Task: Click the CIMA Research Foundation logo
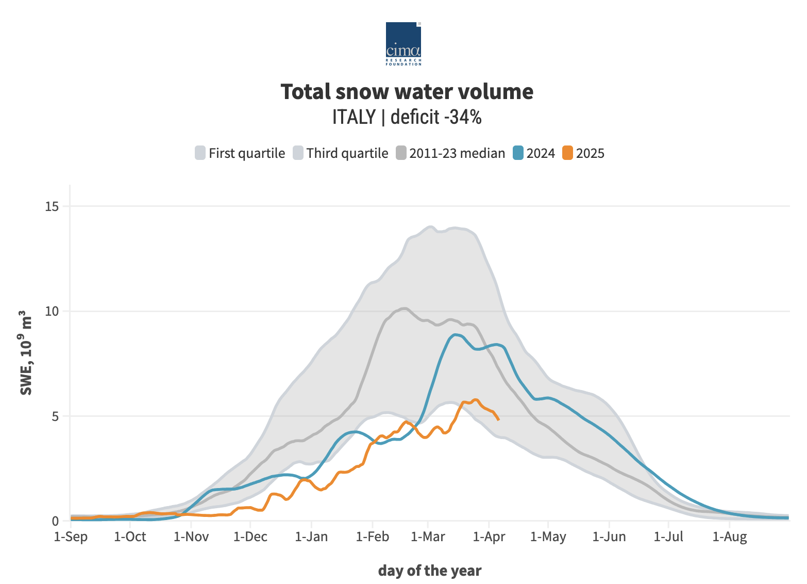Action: [x=403, y=43]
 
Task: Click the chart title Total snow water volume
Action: [x=407, y=92]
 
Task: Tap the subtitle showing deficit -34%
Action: [x=407, y=117]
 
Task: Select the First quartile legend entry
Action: [x=240, y=153]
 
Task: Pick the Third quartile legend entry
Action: [x=341, y=153]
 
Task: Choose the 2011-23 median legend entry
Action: [x=450, y=153]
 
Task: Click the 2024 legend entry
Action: [x=534, y=153]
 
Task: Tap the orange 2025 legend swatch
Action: [x=567, y=153]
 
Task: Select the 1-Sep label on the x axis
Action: [x=71, y=537]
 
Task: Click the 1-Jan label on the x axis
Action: [x=311, y=537]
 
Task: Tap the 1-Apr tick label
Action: [x=489, y=537]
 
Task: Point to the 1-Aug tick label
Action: [x=730, y=537]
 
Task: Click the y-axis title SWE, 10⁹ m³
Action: [x=26, y=353]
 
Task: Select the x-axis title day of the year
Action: [x=430, y=571]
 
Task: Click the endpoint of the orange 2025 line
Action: [x=498, y=419]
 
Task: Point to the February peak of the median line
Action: [x=404, y=309]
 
